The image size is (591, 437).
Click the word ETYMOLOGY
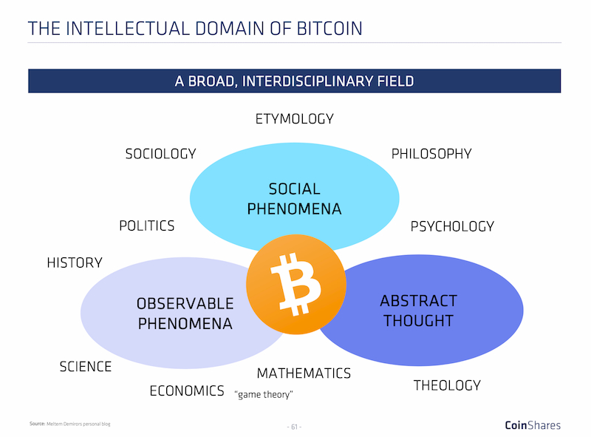pyautogui.click(x=294, y=119)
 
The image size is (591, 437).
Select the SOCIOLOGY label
pyautogui.click(x=160, y=154)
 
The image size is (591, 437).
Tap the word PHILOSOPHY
pyautogui.click(x=431, y=154)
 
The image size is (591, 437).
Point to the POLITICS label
pyautogui.click(x=146, y=226)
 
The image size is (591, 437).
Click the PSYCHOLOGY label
pyautogui.click(x=452, y=226)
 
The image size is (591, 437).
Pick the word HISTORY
pyautogui.click(x=75, y=262)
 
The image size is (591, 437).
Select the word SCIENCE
pyautogui.click(x=86, y=367)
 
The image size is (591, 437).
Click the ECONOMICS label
pyautogui.click(x=187, y=391)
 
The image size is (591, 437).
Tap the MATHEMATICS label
pyautogui.click(x=304, y=373)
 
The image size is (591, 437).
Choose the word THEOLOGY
pyautogui.click(x=447, y=385)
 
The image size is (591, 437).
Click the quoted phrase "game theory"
pyautogui.click(x=264, y=395)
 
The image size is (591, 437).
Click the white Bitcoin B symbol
pyautogui.click(x=296, y=285)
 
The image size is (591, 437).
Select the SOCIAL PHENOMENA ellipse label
pyautogui.click(x=294, y=199)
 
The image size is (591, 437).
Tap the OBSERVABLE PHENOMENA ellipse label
pyautogui.click(x=185, y=314)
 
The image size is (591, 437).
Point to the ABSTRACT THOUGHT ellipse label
pyautogui.click(x=418, y=311)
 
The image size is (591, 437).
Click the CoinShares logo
pyautogui.click(x=533, y=425)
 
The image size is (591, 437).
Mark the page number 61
pyautogui.click(x=294, y=427)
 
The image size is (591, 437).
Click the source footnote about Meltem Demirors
pyautogui.click(x=69, y=424)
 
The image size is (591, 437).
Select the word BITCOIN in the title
pyautogui.click(x=329, y=29)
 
